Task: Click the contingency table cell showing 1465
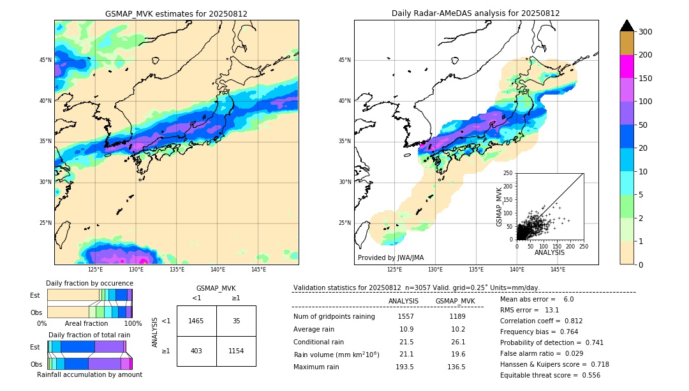(x=196, y=321)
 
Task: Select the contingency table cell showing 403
(x=196, y=351)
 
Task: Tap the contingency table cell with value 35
(x=236, y=321)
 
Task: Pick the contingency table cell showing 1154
(x=236, y=351)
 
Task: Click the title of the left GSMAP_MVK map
(x=176, y=13)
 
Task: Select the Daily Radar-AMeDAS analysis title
(x=476, y=13)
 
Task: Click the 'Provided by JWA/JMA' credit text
(x=390, y=257)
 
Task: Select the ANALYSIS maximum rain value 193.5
(x=405, y=367)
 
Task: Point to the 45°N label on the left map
(x=45, y=60)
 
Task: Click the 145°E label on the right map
(x=558, y=270)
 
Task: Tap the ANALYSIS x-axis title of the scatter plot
(x=549, y=252)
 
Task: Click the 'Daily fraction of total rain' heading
(x=89, y=335)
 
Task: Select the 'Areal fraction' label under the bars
(x=86, y=323)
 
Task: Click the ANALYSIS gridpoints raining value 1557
(x=405, y=316)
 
